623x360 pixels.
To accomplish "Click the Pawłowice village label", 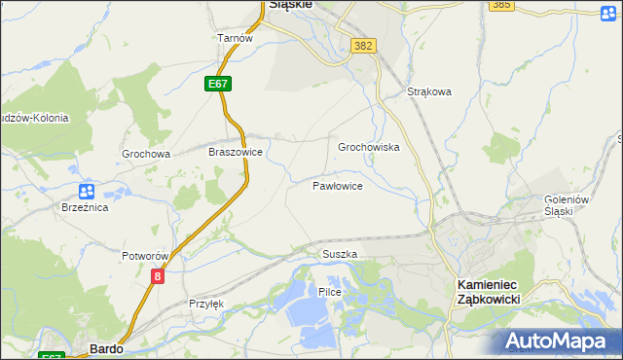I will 338,185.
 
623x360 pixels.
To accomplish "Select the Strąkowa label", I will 429,92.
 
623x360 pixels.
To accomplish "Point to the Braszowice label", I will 236,153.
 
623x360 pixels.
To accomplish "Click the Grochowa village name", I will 146,154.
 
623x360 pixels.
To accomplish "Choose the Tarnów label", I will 235,38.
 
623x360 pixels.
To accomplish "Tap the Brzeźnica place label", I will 85,208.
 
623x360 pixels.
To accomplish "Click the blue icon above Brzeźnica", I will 86,191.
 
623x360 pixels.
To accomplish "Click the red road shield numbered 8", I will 158,277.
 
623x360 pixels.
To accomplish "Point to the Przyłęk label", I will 206,304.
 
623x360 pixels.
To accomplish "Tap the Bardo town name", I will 104,347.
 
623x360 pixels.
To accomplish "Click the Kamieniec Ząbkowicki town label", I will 488,291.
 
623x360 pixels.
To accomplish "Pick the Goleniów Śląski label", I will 567,205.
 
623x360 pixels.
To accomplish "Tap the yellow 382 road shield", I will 364,46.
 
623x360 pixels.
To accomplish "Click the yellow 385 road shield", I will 501,5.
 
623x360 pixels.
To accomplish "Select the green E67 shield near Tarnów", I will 218,85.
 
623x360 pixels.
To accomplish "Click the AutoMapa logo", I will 559,342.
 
